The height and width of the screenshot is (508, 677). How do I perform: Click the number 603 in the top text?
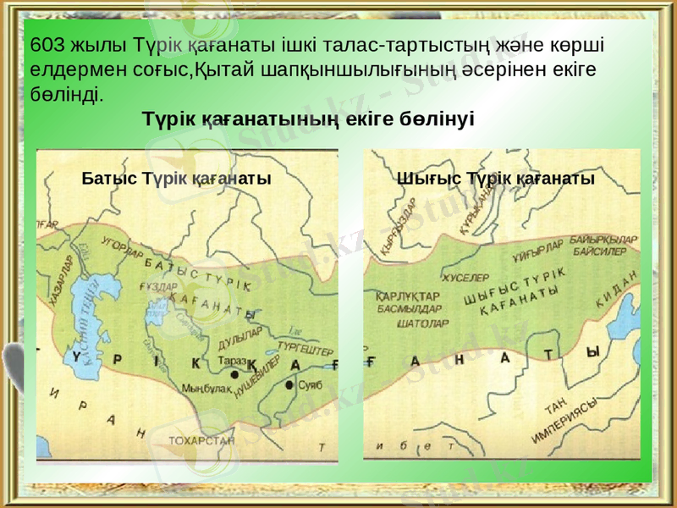pyautogui.click(x=45, y=44)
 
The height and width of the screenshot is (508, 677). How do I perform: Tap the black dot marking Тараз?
pyautogui.click(x=234, y=376)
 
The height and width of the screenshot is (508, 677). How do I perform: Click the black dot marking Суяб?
pyautogui.click(x=289, y=385)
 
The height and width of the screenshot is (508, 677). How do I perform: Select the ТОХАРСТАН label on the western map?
pyautogui.click(x=201, y=440)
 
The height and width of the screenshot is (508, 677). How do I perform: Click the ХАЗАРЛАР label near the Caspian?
pyautogui.click(x=62, y=281)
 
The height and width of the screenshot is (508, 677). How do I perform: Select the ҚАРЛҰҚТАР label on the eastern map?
pyautogui.click(x=408, y=297)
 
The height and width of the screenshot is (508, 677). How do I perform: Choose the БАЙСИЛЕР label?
pyautogui.click(x=599, y=251)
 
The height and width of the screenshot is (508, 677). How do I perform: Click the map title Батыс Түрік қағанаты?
pyautogui.click(x=176, y=179)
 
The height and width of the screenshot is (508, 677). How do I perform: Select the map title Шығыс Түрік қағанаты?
pyautogui.click(x=496, y=179)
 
